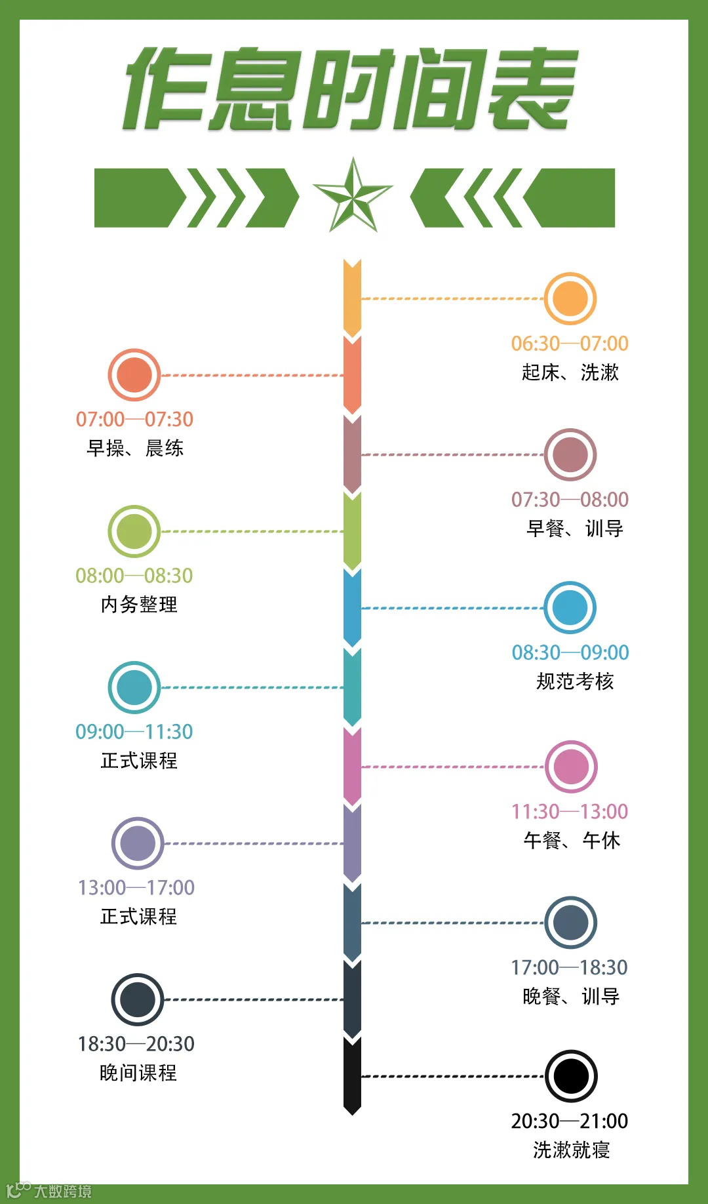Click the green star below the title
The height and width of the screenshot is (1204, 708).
[x=353, y=196]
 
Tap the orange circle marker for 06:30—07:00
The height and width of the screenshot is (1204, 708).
[x=570, y=298]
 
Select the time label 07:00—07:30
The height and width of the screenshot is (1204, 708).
[x=134, y=419]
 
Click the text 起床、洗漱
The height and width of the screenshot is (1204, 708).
[x=570, y=372]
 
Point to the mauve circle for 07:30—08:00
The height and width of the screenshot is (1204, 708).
[x=570, y=454]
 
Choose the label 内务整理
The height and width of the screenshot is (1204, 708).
[x=139, y=604]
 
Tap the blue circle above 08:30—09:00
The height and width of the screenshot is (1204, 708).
[x=570, y=607]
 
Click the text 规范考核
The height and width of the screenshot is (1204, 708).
[x=575, y=681]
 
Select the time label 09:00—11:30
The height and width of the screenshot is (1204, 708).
[x=134, y=731]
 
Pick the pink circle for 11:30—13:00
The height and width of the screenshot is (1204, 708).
[x=571, y=767]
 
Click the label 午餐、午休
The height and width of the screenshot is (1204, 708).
[x=572, y=840]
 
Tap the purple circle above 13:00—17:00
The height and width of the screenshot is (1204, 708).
[x=137, y=843]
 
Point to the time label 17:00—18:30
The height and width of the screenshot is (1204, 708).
[x=569, y=967]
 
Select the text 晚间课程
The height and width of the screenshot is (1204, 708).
[x=138, y=1073]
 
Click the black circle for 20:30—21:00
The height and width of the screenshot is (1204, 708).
[x=571, y=1076]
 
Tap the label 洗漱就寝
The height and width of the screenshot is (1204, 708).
[x=571, y=1150]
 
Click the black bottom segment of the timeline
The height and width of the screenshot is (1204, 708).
[x=352, y=1075]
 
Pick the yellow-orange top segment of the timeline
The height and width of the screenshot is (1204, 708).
[x=352, y=298]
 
